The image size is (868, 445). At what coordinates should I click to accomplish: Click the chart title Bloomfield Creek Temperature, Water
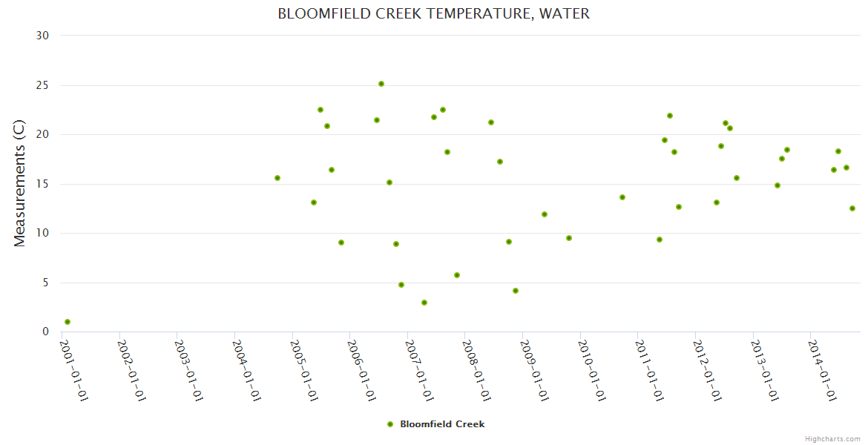pyautogui.click(x=433, y=14)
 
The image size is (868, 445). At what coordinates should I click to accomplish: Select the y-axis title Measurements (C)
pyautogui.click(x=20, y=183)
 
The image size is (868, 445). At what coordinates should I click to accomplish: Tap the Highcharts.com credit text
pyautogui.click(x=832, y=438)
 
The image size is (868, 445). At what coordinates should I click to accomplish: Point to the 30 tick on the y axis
pyautogui.click(x=42, y=36)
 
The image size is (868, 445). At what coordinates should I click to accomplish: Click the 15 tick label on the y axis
pyautogui.click(x=42, y=184)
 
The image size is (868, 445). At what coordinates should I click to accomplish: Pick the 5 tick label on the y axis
pyautogui.click(x=45, y=283)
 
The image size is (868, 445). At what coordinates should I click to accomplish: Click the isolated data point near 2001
pyautogui.click(x=68, y=322)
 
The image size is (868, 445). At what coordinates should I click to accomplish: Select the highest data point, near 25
pyautogui.click(x=381, y=84)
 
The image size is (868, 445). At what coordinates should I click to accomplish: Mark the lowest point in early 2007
pyautogui.click(x=424, y=303)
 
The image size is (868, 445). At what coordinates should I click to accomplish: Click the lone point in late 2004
pyautogui.click(x=277, y=178)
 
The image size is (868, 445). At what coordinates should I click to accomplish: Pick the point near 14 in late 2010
pyautogui.click(x=622, y=197)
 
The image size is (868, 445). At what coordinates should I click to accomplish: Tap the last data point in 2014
pyautogui.click(x=852, y=208)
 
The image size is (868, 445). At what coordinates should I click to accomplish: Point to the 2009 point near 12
pyautogui.click(x=545, y=214)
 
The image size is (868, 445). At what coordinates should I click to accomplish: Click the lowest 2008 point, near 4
pyautogui.click(x=516, y=291)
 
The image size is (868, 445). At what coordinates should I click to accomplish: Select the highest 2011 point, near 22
pyautogui.click(x=670, y=116)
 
